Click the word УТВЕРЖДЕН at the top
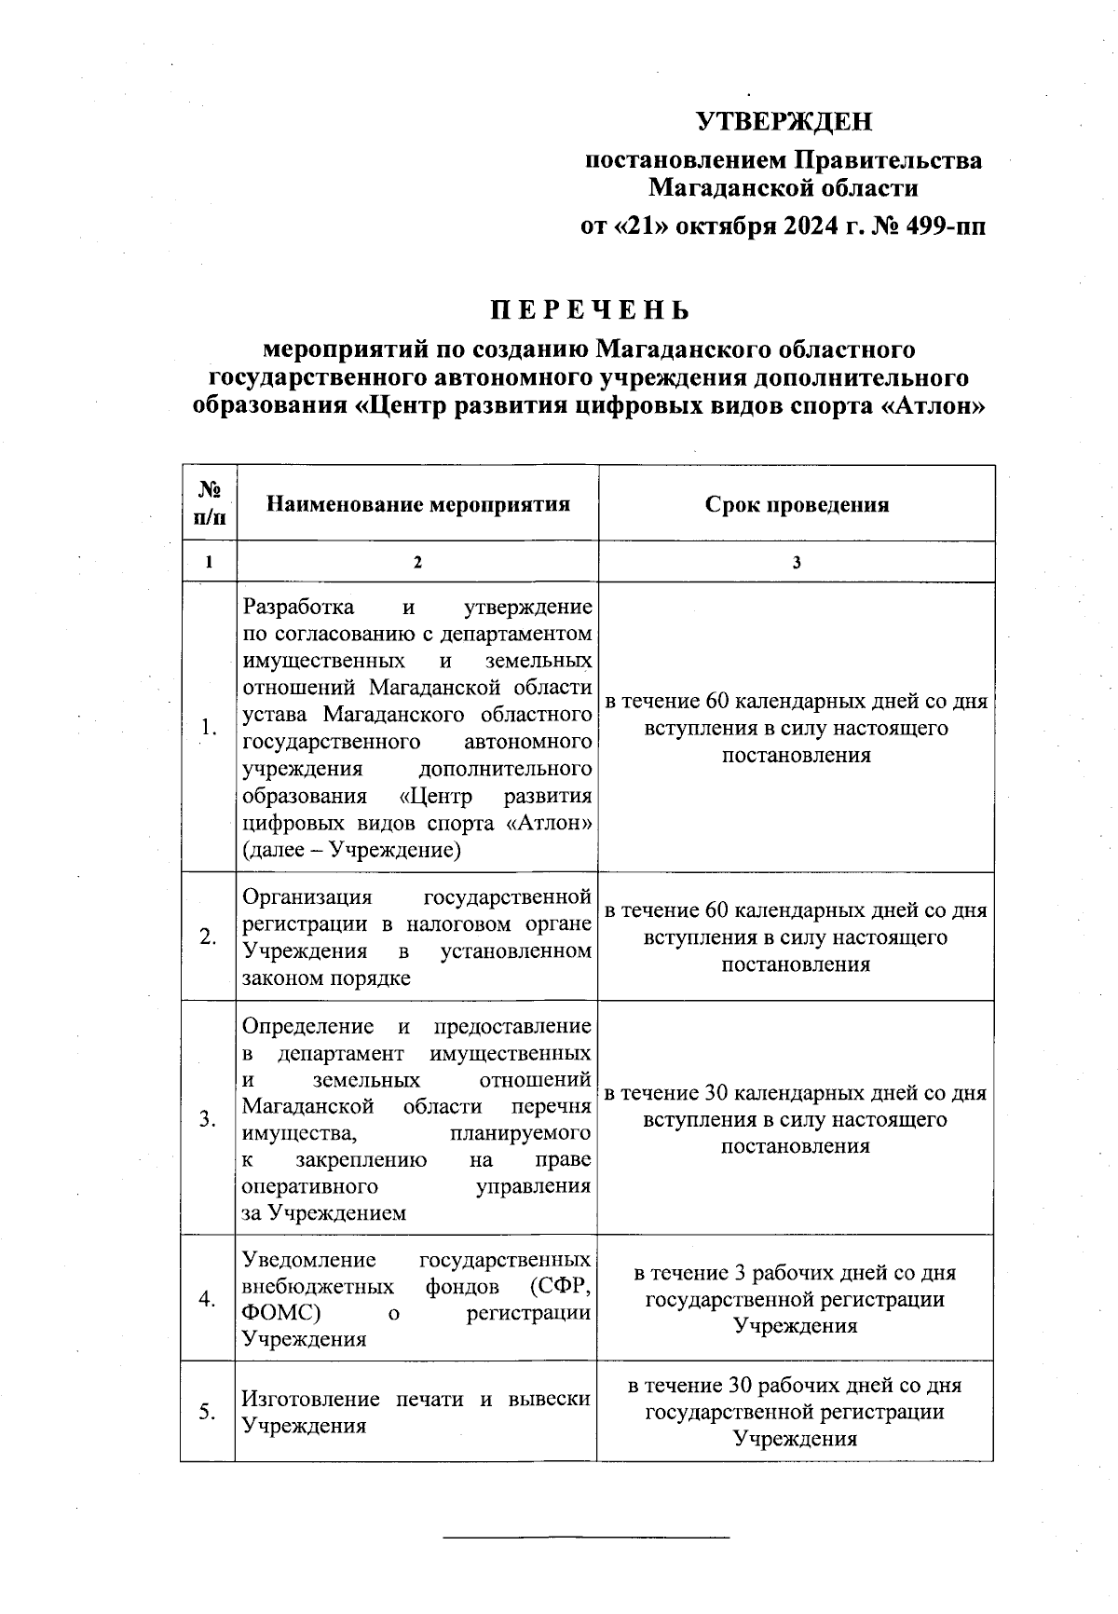pos(784,122)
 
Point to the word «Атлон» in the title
pos(933,406)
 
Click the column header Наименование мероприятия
pos(417,504)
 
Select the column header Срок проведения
pos(797,504)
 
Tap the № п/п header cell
pos(209,503)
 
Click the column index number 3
pos(797,563)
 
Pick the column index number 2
pos(417,563)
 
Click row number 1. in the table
pos(209,729)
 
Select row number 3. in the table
pos(208,1119)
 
